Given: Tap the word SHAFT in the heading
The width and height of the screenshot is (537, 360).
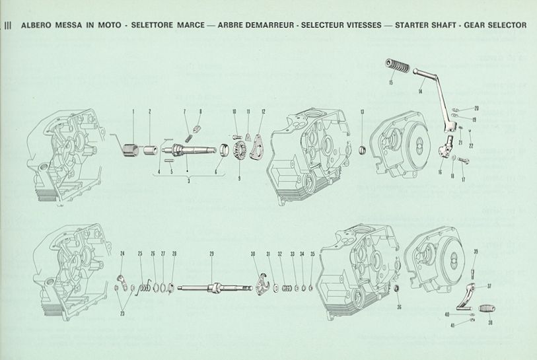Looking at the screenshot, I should pyautogui.click(x=458, y=26).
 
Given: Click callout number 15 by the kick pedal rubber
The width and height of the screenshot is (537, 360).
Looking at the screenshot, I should pyautogui.click(x=391, y=83).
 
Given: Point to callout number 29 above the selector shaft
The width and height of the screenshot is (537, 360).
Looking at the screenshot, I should pyautogui.click(x=211, y=254).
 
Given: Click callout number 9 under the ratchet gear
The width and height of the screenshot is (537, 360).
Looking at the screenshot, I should pyautogui.click(x=239, y=178).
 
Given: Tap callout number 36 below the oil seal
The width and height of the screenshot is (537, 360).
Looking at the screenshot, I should pyautogui.click(x=399, y=306).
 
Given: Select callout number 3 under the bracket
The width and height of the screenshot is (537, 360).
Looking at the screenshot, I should pyautogui.click(x=188, y=180).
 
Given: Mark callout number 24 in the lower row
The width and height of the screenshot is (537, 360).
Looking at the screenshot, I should pyautogui.click(x=122, y=254).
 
